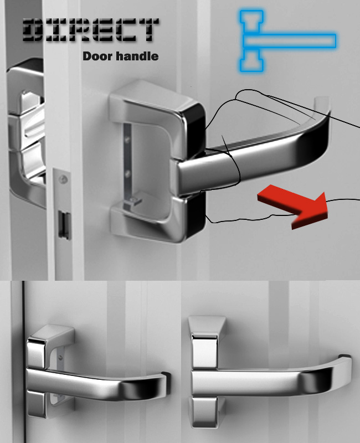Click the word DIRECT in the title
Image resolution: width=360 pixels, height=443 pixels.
(x=90, y=30)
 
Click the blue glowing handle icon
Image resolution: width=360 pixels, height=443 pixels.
(x=287, y=40)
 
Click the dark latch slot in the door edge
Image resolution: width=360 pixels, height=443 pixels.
(x=64, y=225)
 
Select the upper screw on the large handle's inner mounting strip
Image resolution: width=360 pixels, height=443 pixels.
(x=127, y=139)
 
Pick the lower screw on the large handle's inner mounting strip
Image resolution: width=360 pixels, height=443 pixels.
(x=127, y=173)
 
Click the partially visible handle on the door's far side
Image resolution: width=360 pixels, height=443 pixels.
(x=26, y=133)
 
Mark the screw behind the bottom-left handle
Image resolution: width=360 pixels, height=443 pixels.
(x=60, y=358)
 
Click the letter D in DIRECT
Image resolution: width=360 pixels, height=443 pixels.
(x=33, y=30)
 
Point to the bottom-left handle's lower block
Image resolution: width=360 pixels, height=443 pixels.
(x=37, y=404)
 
